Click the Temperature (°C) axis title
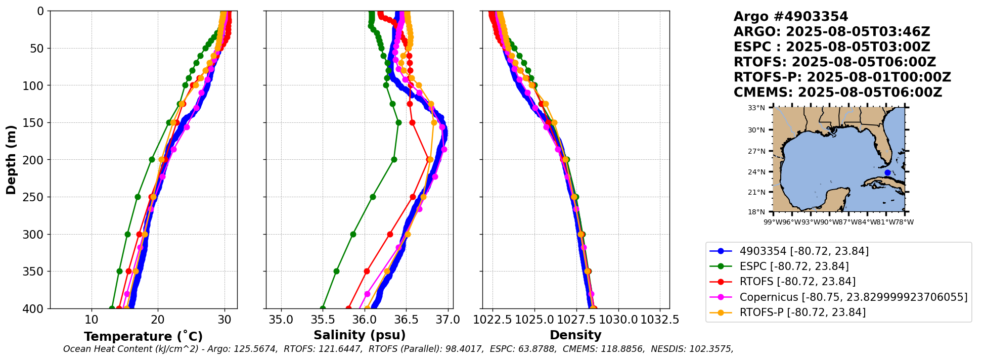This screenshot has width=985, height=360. tap(143, 336)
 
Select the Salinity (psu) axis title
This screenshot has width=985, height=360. tap(360, 335)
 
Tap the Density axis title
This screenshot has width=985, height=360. tap(575, 335)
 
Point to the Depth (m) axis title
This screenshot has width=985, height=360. tap(11, 159)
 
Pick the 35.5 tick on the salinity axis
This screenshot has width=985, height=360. tap(323, 320)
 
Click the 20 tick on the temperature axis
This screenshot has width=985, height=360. tap(158, 320)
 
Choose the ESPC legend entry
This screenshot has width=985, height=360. tap(794, 266)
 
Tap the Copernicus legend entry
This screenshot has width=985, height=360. tap(853, 297)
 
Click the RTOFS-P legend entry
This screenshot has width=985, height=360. tap(802, 312)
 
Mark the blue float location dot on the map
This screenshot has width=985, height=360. tap(887, 173)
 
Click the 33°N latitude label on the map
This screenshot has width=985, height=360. tap(756, 108)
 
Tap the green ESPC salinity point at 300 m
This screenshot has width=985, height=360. tap(353, 234)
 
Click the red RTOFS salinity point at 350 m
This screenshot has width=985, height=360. tap(367, 271)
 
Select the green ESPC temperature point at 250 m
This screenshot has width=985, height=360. tap(138, 197)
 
